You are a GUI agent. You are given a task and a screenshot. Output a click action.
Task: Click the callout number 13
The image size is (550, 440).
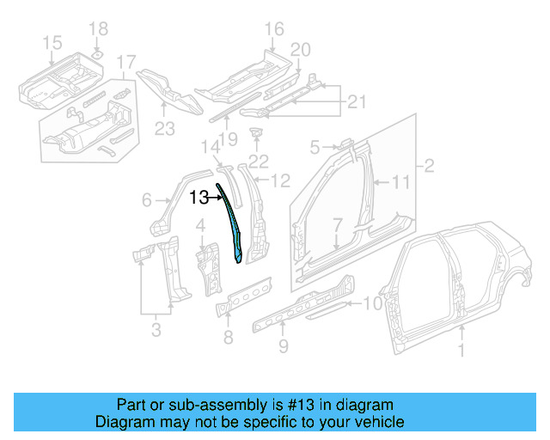[199, 198]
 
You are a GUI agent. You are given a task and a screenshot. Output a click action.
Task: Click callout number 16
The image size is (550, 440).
[273, 31]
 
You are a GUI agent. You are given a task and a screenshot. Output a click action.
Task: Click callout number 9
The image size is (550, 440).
[283, 347]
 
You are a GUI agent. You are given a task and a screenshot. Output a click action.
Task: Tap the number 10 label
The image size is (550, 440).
[371, 302]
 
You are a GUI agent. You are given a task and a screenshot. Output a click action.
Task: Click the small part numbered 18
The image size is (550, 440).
[98, 54]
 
